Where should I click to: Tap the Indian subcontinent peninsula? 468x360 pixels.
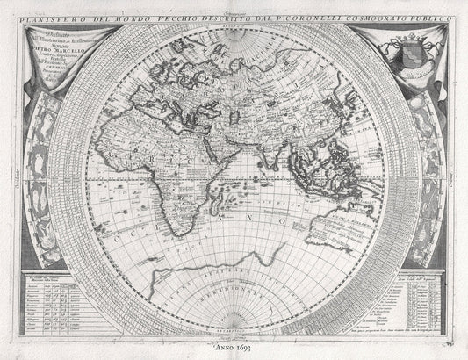(262, 149)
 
